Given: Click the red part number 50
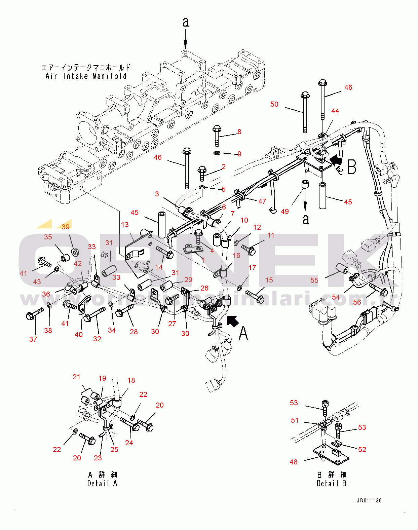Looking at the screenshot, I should click(x=274, y=104).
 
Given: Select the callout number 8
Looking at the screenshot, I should click(x=239, y=132).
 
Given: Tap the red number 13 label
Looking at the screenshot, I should click(x=125, y=225).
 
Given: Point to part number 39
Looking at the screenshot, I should click(x=66, y=227).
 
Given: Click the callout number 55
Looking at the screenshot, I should click(x=314, y=280).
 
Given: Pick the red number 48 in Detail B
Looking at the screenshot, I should click(x=294, y=462).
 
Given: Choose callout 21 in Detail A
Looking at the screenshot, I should click(x=77, y=377).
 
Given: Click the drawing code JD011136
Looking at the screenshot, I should click(x=369, y=501).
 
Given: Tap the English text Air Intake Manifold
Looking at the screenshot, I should click(x=86, y=76).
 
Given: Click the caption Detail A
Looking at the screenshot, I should click(x=102, y=483).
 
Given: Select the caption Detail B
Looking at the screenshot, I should click(x=332, y=483).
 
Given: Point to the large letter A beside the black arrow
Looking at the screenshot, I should click(x=243, y=333).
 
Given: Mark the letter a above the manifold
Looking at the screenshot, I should click(x=186, y=23).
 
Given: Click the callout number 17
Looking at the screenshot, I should click(x=252, y=268).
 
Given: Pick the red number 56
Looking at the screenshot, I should click(x=357, y=302).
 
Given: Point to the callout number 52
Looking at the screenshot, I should click(x=362, y=450).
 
